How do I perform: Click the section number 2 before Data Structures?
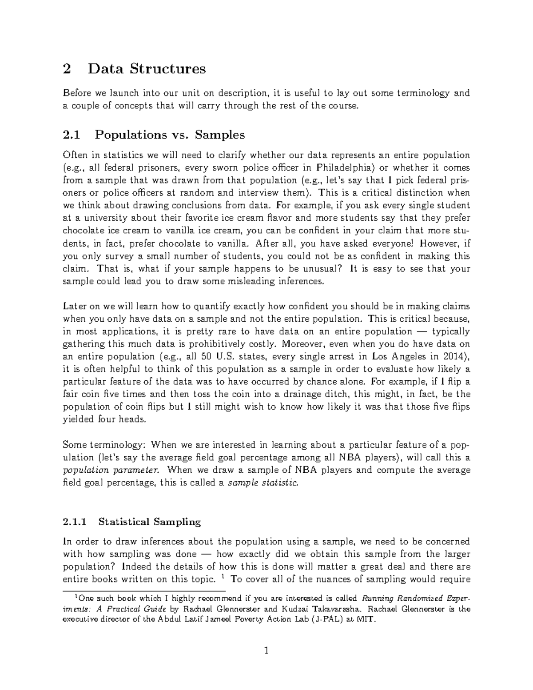click(x=67, y=69)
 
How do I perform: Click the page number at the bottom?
click(x=266, y=652)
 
